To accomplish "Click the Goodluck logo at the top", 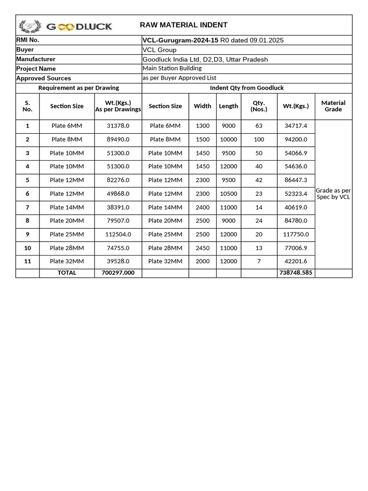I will coord(65,26).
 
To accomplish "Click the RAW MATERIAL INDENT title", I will coord(184,25).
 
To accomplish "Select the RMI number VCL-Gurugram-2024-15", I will coord(181,40).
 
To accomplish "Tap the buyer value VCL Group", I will coord(160,50).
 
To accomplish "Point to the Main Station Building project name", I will coord(172,68).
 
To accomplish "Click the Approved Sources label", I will coord(44,78).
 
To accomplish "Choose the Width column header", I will coord(202,106).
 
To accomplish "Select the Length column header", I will coord(228,106).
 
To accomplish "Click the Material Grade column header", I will coord(333,106).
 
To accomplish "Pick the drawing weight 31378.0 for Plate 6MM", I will coord(118,126).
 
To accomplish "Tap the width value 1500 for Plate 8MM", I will coord(203,140).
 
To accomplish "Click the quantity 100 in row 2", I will coord(259,140).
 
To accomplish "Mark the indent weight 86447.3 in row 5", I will coord(296,180).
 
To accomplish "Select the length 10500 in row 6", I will coord(228,194).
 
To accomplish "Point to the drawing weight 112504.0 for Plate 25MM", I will coord(118,234).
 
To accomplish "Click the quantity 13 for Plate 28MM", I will coord(259,248).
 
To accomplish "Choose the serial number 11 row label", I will coord(27,261).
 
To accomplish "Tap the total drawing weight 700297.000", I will coord(118,272).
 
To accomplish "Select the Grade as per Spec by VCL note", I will coord(333,194).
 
